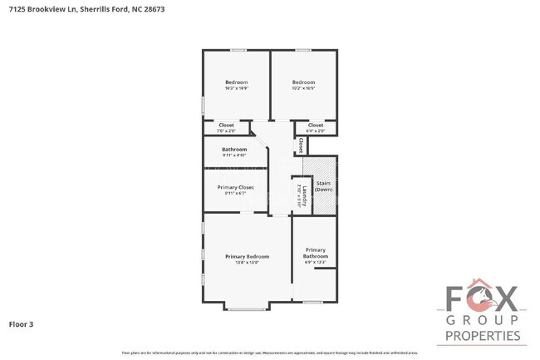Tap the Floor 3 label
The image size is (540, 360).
point(22,323)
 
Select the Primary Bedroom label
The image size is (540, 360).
point(247,256)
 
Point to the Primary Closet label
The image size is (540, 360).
point(236,187)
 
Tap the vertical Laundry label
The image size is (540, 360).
point(305,196)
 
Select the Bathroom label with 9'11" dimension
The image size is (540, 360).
point(234,149)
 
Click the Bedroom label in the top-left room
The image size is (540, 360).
point(237,81)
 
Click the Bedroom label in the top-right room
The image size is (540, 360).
point(303,81)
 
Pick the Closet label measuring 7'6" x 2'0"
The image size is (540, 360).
point(226,125)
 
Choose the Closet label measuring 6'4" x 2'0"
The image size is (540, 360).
point(316,125)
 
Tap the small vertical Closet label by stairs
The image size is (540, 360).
point(300,145)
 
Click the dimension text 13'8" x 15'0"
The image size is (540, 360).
point(247,263)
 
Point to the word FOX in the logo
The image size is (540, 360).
point(483,298)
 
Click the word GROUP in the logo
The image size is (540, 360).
point(483,320)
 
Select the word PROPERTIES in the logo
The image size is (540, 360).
point(483,336)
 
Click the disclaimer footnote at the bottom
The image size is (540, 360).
point(269,353)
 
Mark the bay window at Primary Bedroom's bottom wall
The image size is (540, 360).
point(245,309)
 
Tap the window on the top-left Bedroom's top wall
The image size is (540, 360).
point(238,50)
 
